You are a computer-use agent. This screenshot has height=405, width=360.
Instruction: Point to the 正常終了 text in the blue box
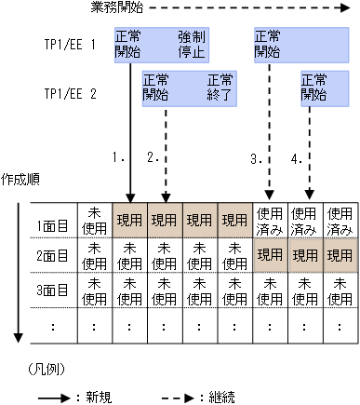[x=220, y=88]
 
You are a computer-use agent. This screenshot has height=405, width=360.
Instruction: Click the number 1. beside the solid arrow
[x=118, y=158]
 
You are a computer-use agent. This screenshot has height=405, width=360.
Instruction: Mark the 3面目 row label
[x=52, y=290]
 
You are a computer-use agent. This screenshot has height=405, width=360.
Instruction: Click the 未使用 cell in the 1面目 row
[x=94, y=221]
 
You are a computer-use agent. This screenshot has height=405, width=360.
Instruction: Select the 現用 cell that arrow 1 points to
[x=129, y=221]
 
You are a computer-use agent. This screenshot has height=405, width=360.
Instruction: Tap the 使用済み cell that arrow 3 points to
[x=270, y=221]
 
